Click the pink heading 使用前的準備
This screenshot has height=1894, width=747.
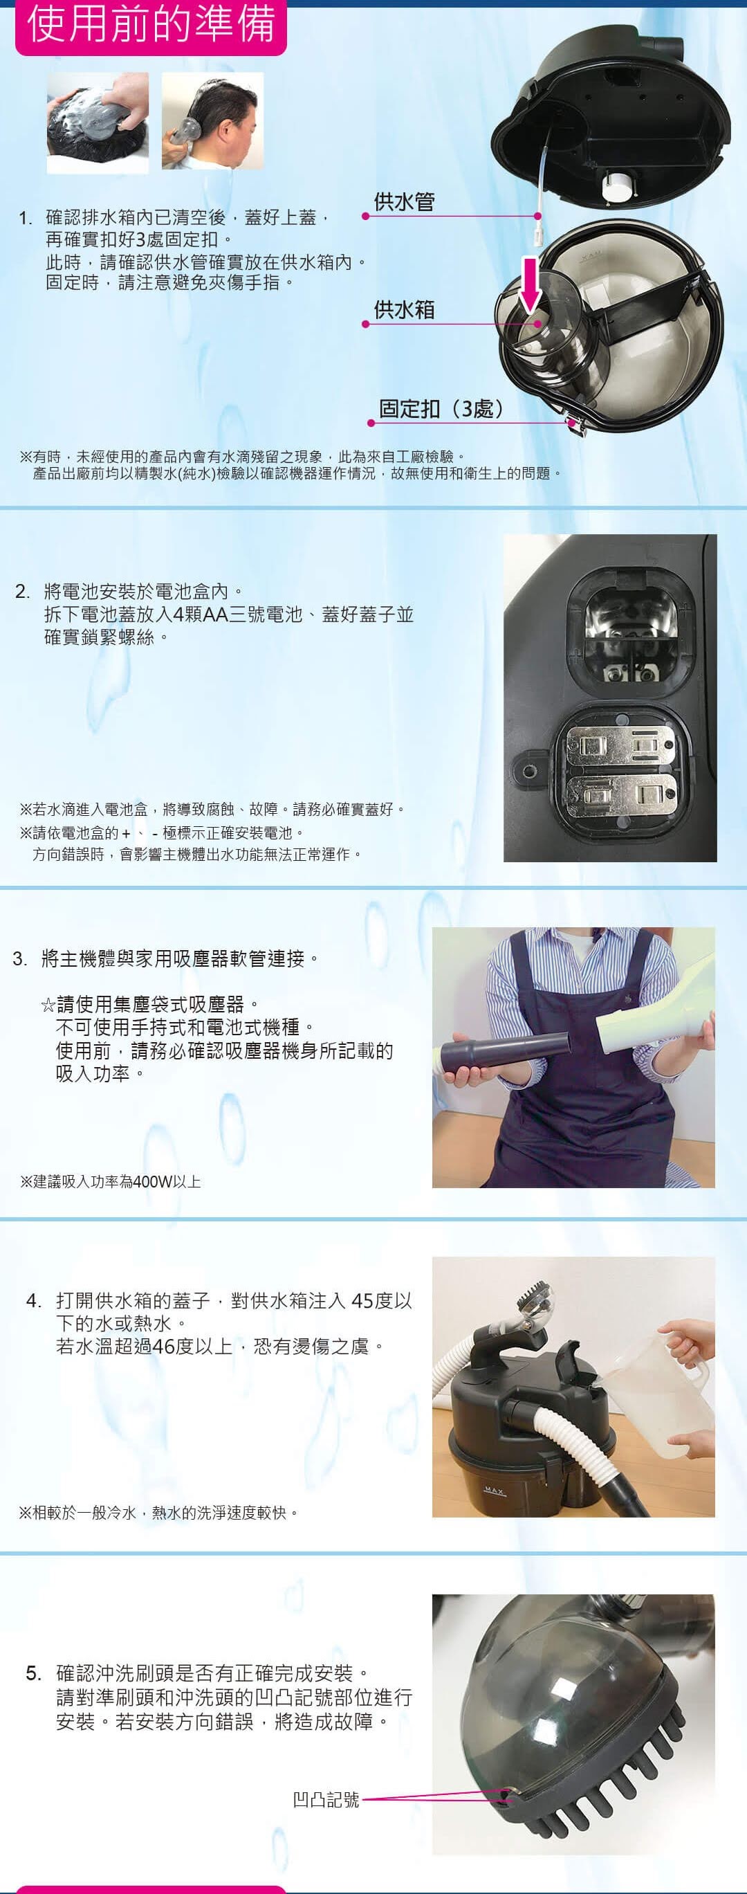[x=151, y=24]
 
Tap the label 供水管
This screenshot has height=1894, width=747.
[x=405, y=202]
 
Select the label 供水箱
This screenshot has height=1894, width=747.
[x=405, y=309]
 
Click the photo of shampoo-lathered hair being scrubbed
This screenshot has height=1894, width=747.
[x=97, y=122]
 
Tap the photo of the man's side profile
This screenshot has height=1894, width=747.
[x=212, y=120]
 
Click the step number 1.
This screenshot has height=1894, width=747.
[x=26, y=219]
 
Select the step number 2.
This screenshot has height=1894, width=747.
[x=23, y=592]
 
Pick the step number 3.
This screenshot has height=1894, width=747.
[x=20, y=959]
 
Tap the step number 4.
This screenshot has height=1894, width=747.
[x=34, y=1301]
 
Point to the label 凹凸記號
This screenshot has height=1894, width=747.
[x=326, y=1799]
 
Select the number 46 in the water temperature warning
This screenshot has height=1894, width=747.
[x=163, y=1347]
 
